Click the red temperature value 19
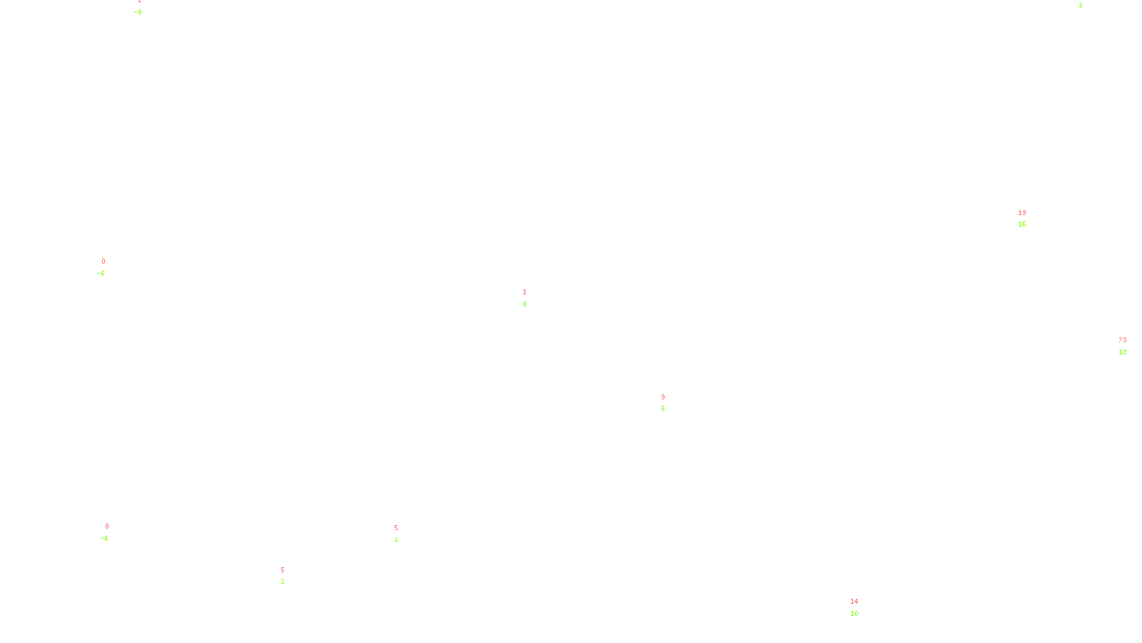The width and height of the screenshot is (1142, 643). pyautogui.click(x=1022, y=213)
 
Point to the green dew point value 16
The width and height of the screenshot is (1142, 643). pyautogui.click(x=1022, y=224)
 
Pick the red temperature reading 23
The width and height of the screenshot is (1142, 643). pyautogui.click(x=1123, y=340)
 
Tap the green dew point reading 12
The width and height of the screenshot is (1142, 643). pyautogui.click(x=1123, y=352)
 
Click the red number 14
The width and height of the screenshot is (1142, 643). pyautogui.click(x=854, y=602)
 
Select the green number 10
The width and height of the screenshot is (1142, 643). pyautogui.click(x=854, y=614)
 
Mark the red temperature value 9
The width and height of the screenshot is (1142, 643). pyautogui.click(x=663, y=397)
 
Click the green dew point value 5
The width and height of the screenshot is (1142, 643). pyautogui.click(x=662, y=409)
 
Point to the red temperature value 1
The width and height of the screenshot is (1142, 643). pyautogui.click(x=525, y=292)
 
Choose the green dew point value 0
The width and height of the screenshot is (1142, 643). pyautogui.click(x=525, y=304)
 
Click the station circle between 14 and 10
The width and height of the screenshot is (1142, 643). pyautogui.click(x=861, y=607)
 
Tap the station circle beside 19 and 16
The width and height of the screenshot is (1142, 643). pyautogui.click(x=1029, y=219)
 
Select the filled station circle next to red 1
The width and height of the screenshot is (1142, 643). pyautogui.click(x=529, y=298)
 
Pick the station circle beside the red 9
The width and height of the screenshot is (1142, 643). pyautogui.click(x=667, y=403)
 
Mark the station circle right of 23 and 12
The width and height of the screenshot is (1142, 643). pyautogui.click(x=1129, y=346)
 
